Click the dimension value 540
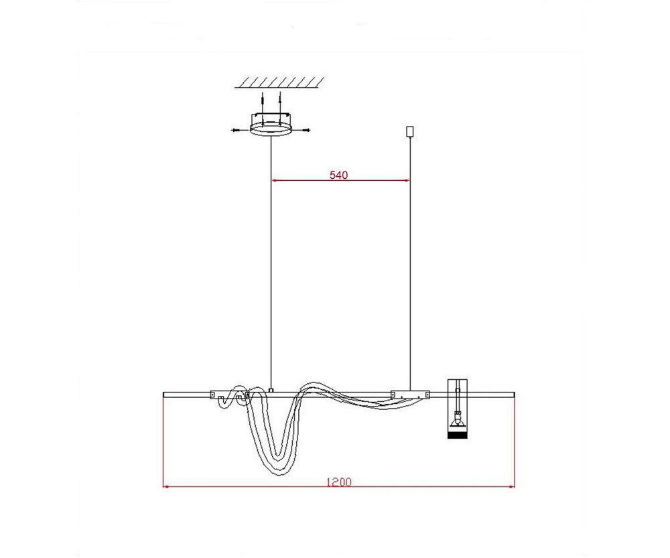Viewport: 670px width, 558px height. point(338,176)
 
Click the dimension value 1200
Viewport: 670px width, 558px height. point(338,482)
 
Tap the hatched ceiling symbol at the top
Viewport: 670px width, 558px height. point(280,82)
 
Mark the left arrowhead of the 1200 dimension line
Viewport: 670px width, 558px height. point(167,486)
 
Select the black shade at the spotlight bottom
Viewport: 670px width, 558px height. point(457,435)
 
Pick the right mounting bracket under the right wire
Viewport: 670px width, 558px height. point(411,395)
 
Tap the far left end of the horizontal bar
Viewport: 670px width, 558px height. point(165,394)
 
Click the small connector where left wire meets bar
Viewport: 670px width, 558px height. point(270,389)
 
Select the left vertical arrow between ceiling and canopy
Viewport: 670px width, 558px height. point(262,102)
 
